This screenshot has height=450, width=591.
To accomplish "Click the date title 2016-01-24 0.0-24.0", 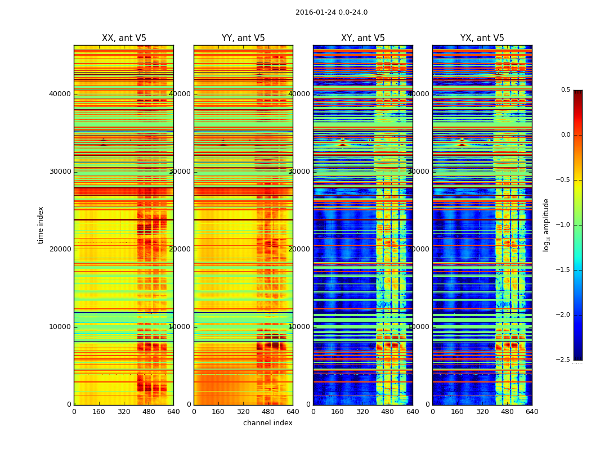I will pyautogui.click(x=331, y=12).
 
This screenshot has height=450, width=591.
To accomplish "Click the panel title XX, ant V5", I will pyautogui.click(x=124, y=38).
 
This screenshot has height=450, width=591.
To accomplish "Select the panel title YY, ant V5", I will pyautogui.click(x=243, y=38).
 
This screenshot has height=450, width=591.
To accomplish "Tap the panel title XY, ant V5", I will pyautogui.click(x=363, y=38).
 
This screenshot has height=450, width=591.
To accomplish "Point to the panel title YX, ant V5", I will pyautogui.click(x=482, y=38).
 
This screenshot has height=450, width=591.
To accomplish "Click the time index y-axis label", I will pyautogui.click(x=41, y=225).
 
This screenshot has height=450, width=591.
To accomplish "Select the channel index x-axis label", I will pyautogui.click(x=268, y=423).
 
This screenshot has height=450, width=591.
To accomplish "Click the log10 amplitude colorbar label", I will pyautogui.click(x=546, y=225).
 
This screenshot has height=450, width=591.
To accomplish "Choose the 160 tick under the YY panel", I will pyautogui.click(x=218, y=412).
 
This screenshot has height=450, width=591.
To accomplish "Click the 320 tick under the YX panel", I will pyautogui.click(x=482, y=412).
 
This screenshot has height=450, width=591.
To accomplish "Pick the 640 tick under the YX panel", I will pyautogui.click(x=532, y=412).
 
